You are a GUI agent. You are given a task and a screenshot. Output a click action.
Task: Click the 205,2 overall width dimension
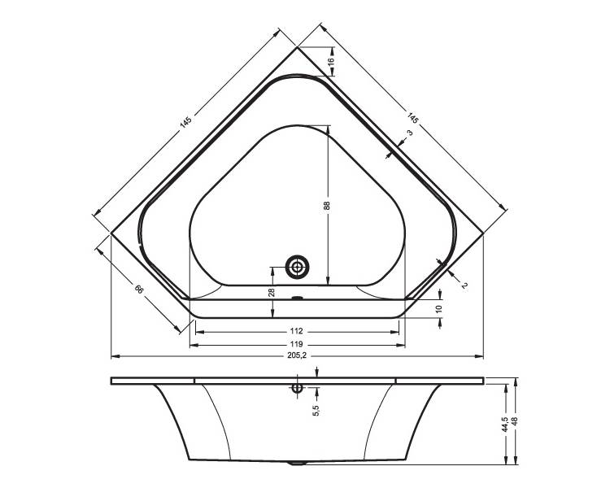296,355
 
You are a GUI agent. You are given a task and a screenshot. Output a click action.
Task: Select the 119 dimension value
296,344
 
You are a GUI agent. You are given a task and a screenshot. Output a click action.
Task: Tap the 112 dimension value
296,332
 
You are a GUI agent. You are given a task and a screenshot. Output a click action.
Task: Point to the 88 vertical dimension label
327,206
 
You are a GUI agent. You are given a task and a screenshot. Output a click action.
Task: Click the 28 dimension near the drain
272,292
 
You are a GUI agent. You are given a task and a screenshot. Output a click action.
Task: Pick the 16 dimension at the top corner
331,62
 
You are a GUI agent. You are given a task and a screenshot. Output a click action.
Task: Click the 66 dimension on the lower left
139,290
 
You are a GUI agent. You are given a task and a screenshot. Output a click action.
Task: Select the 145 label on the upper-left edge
186,122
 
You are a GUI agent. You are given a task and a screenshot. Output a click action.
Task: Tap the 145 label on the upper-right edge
412,117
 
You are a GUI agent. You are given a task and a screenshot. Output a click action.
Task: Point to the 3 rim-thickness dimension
409,133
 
